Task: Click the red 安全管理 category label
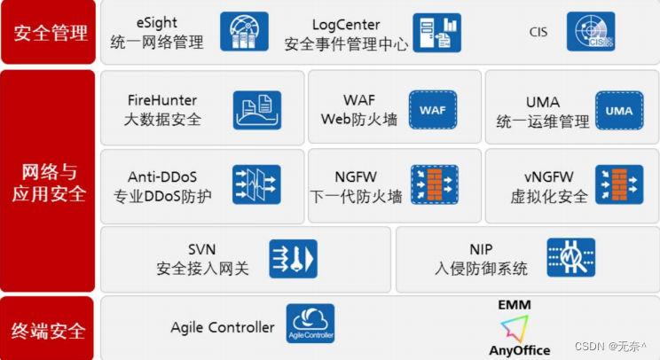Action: (50, 34)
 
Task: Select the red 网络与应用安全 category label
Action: (50, 181)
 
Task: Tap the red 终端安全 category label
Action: (50, 331)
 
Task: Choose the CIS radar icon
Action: (591, 33)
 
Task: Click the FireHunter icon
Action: (256, 110)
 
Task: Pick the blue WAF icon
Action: (433, 110)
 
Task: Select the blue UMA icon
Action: (618, 110)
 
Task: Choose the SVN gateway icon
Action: (293, 259)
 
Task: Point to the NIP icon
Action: (570, 259)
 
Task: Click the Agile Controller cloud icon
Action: (310, 325)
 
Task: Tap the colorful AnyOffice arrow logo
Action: (519, 329)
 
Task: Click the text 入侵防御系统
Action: (483, 268)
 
